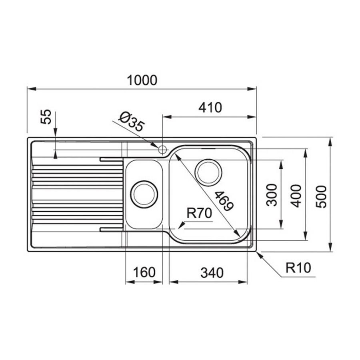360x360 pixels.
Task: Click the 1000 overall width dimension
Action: (142, 80)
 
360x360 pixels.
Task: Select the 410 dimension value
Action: (210, 108)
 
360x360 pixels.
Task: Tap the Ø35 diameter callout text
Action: (131, 122)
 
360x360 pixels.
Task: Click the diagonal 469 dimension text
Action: (223, 200)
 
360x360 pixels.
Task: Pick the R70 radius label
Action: (199, 214)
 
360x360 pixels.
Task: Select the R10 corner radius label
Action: (298, 267)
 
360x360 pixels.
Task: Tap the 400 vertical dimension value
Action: (296, 196)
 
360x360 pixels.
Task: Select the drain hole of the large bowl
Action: (208, 172)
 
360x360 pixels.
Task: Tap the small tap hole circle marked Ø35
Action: (162, 150)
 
